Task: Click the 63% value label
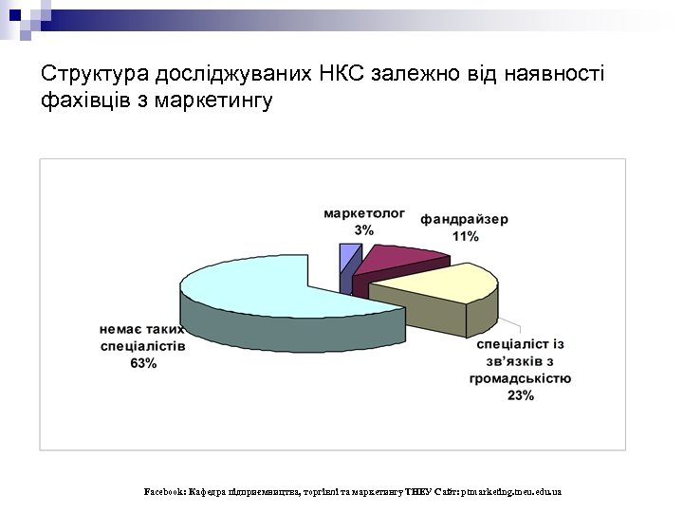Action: [x=143, y=364]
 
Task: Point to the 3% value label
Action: [x=363, y=230]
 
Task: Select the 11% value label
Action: [x=464, y=236]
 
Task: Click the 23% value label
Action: [x=520, y=395]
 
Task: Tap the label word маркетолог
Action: [x=363, y=214]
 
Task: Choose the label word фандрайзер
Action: [x=464, y=219]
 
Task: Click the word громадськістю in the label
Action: [x=520, y=378]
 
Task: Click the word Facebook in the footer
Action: [x=163, y=492]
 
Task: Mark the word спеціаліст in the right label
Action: [x=511, y=344]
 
